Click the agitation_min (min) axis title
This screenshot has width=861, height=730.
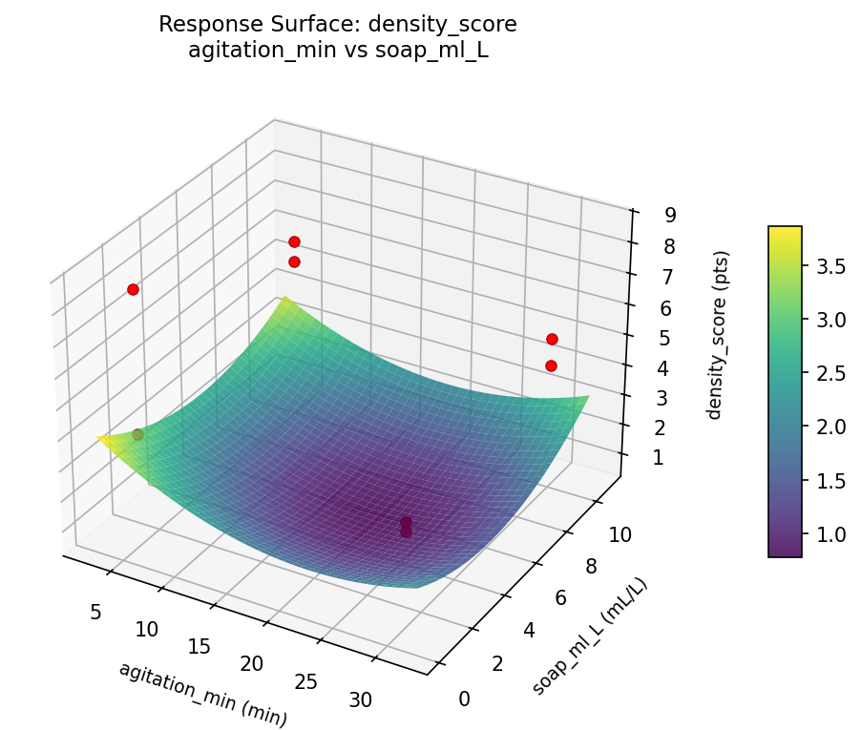[203, 694]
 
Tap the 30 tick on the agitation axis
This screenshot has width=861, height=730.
[361, 700]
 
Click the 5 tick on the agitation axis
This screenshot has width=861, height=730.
[95, 612]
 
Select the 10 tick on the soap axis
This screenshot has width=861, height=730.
[619, 535]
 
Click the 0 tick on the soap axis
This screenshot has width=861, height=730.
[465, 699]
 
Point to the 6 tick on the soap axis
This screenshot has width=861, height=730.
[561, 597]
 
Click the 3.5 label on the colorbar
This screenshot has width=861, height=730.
[829, 266]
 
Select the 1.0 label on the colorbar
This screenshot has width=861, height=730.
[829, 533]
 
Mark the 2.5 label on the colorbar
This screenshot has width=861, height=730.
[829, 373]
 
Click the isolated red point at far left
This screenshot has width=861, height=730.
[133, 289]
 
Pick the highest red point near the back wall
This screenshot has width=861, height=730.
[294, 241]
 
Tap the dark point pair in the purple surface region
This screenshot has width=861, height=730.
[406, 527]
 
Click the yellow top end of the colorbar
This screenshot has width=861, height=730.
[785, 232]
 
